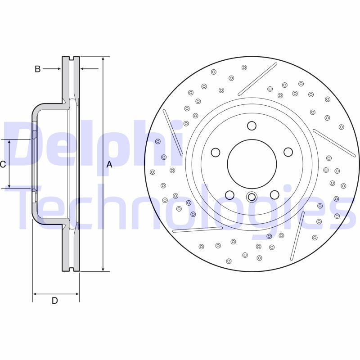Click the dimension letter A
[x=109, y=165]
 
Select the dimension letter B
[x=38, y=69]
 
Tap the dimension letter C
[x=3, y=165]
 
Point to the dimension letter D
[x=54, y=301]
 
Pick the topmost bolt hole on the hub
[x=252, y=126]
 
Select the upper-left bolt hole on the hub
[x=216, y=153]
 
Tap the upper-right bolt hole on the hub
[x=288, y=153]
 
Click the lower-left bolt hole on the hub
[x=229, y=195]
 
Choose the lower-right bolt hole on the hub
[x=274, y=194]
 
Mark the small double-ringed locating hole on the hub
[x=252, y=197]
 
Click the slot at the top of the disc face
[x=257, y=79]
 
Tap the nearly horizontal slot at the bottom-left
[x=198, y=229]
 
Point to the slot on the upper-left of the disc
[x=173, y=133]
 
